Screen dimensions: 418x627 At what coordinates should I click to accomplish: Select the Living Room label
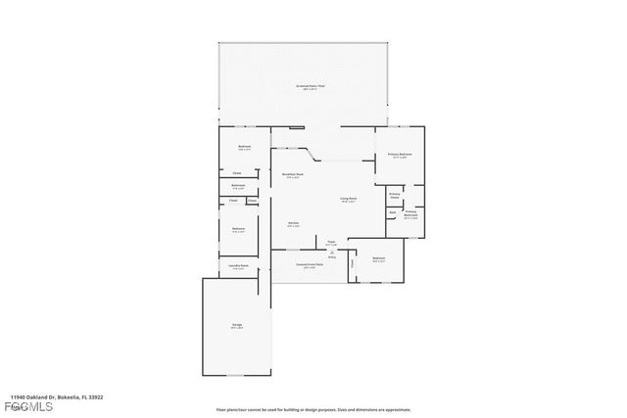tap(348, 200)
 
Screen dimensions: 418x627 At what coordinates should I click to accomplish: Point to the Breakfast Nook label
tap(292, 175)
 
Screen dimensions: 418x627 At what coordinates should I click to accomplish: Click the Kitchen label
tap(293, 224)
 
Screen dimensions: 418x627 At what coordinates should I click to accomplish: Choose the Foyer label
tap(331, 243)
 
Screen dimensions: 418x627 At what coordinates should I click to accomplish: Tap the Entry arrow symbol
tap(332, 254)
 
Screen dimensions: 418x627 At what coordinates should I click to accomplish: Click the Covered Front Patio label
tap(310, 264)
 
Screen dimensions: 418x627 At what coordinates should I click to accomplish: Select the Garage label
tap(236, 326)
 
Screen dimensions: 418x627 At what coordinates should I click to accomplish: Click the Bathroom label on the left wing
tap(238, 186)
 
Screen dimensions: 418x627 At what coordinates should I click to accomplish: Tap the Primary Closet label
tap(395, 196)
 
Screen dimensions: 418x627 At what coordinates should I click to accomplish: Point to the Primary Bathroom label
tap(411, 213)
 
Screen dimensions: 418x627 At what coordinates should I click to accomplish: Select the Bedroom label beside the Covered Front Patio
tap(378, 259)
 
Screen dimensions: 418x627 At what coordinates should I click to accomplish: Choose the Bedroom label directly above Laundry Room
tap(238, 230)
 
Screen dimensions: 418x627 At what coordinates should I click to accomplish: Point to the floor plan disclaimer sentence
tap(313, 409)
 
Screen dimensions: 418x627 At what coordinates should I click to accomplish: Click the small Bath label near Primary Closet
tap(393, 211)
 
